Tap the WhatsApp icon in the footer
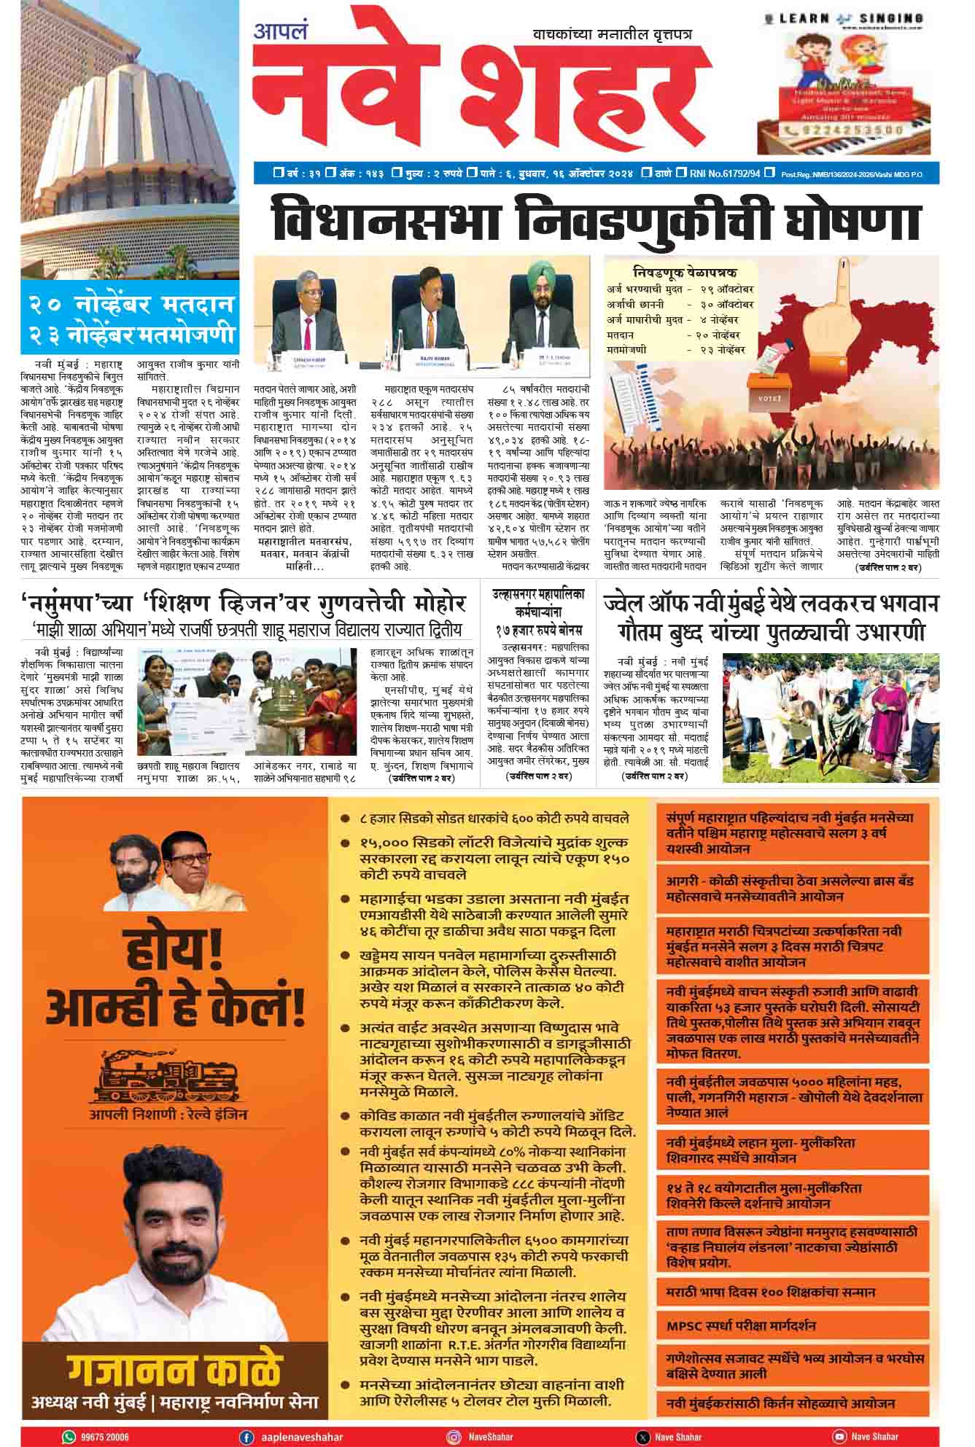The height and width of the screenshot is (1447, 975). pos(69,1437)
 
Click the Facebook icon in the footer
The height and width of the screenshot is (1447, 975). pos(246,1437)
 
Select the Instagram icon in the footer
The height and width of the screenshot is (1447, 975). pos(454,1437)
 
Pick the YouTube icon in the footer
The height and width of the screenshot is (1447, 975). pos(839,1437)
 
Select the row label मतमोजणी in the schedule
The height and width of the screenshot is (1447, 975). pos(626,350)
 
